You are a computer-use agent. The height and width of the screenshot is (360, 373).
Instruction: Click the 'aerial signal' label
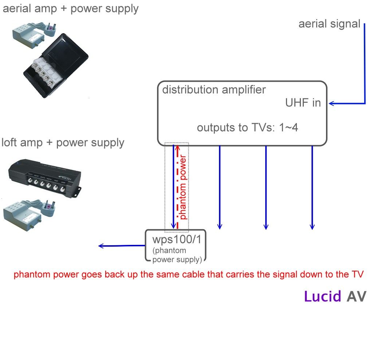[329, 24]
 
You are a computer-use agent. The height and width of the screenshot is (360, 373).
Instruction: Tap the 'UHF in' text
[303, 103]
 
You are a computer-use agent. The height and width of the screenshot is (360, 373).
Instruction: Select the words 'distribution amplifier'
[214, 90]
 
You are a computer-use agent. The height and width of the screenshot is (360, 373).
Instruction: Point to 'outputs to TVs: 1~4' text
[248, 128]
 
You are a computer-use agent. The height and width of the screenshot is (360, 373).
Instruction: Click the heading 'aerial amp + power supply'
[71, 8]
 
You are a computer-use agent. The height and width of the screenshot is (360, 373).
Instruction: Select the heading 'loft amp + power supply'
[63, 142]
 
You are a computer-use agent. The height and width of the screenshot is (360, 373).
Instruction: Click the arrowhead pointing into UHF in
[331, 104]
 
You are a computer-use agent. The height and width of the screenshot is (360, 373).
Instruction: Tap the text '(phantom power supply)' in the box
[176, 255]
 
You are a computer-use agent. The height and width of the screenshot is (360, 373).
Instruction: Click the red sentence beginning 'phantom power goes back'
[188, 275]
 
